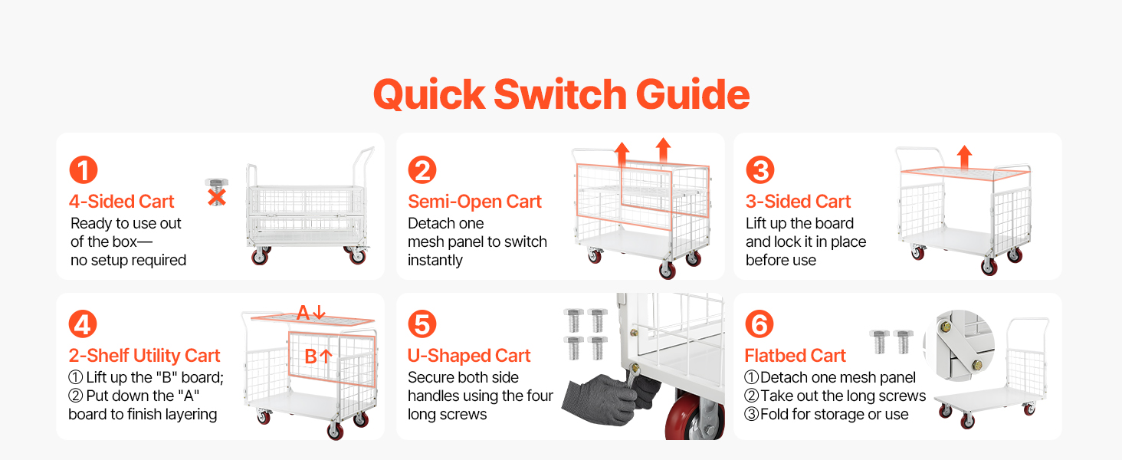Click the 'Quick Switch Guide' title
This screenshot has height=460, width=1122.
click(561, 94)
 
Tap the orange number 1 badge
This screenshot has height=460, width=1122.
click(83, 170)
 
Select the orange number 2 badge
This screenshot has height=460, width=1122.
click(422, 170)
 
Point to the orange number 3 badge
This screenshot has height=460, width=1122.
click(759, 170)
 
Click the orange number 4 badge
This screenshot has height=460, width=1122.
click(83, 324)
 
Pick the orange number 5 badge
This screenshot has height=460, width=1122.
click(422, 324)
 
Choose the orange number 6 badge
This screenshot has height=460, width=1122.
click(759, 324)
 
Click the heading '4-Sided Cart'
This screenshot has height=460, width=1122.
click(122, 202)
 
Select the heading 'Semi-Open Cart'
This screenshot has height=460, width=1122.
click(475, 202)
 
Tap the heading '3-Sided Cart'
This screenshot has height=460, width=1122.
click(798, 202)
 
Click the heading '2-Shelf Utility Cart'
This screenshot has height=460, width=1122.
click(144, 356)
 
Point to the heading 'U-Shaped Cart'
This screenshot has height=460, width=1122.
click(469, 356)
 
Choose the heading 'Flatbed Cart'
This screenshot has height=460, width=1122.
click(795, 356)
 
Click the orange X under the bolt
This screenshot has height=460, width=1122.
click(217, 197)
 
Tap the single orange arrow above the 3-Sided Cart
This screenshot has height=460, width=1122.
click(964, 156)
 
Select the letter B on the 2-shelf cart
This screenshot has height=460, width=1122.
click(310, 356)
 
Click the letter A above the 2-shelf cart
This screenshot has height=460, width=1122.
click(303, 313)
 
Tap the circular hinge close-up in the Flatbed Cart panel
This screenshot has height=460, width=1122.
click(960, 345)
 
